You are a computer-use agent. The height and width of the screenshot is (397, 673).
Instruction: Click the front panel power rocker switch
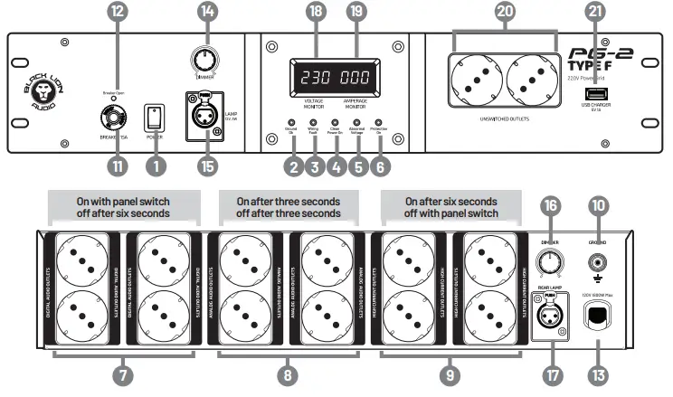click(156, 117)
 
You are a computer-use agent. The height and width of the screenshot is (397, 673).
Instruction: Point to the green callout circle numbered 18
click(315, 13)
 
